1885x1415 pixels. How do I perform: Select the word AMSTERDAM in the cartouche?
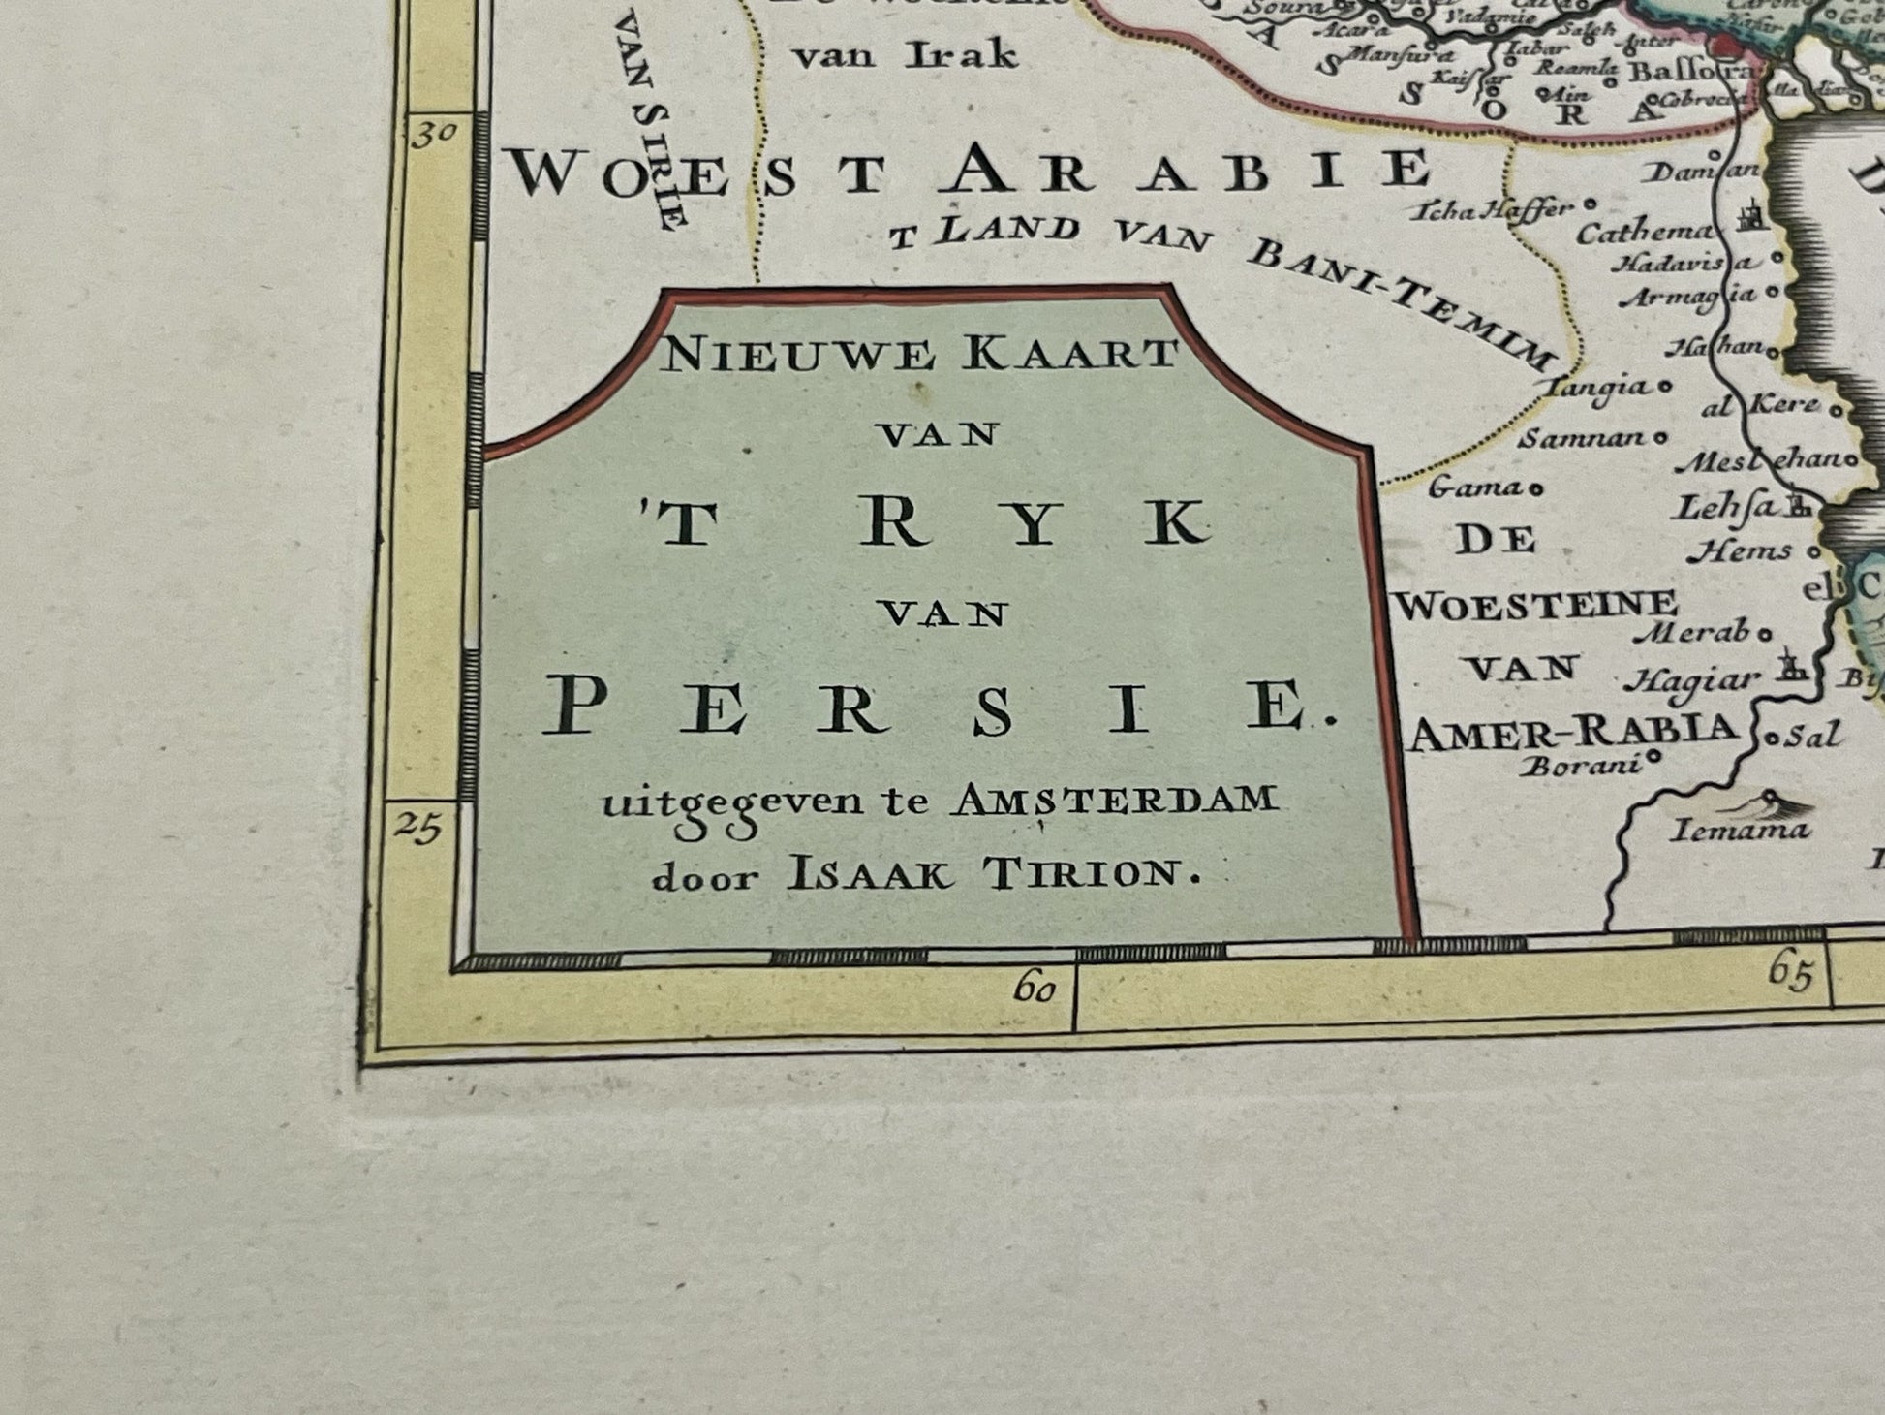pos(1115,801)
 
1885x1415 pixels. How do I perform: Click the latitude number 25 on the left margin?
pos(419,829)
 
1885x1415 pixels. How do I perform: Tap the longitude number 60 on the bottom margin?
pos(1035,990)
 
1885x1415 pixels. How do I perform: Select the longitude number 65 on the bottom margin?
pos(1789,972)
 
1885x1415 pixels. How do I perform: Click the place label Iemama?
pos(1740,830)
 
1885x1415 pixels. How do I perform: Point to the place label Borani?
pos(1581,767)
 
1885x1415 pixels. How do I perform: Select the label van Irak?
pos(905,55)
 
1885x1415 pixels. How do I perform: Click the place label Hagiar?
pos(1690,681)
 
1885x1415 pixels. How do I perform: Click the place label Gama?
pos(1474,487)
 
